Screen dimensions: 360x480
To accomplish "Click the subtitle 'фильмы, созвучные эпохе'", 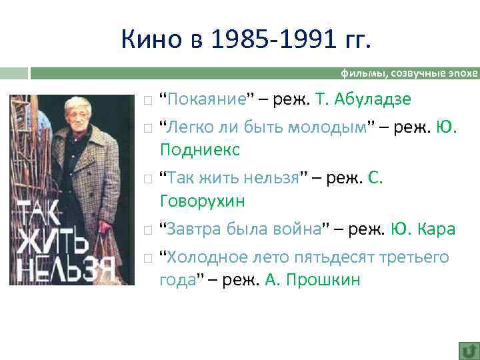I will (x=409, y=73).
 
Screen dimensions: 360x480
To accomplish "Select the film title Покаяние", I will (x=207, y=99).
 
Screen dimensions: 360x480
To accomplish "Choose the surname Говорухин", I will (x=203, y=201).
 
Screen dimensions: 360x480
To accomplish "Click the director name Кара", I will (x=437, y=229).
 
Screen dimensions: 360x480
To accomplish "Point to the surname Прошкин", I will (x=323, y=279).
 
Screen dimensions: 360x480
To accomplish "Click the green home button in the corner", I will (x=468, y=350).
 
